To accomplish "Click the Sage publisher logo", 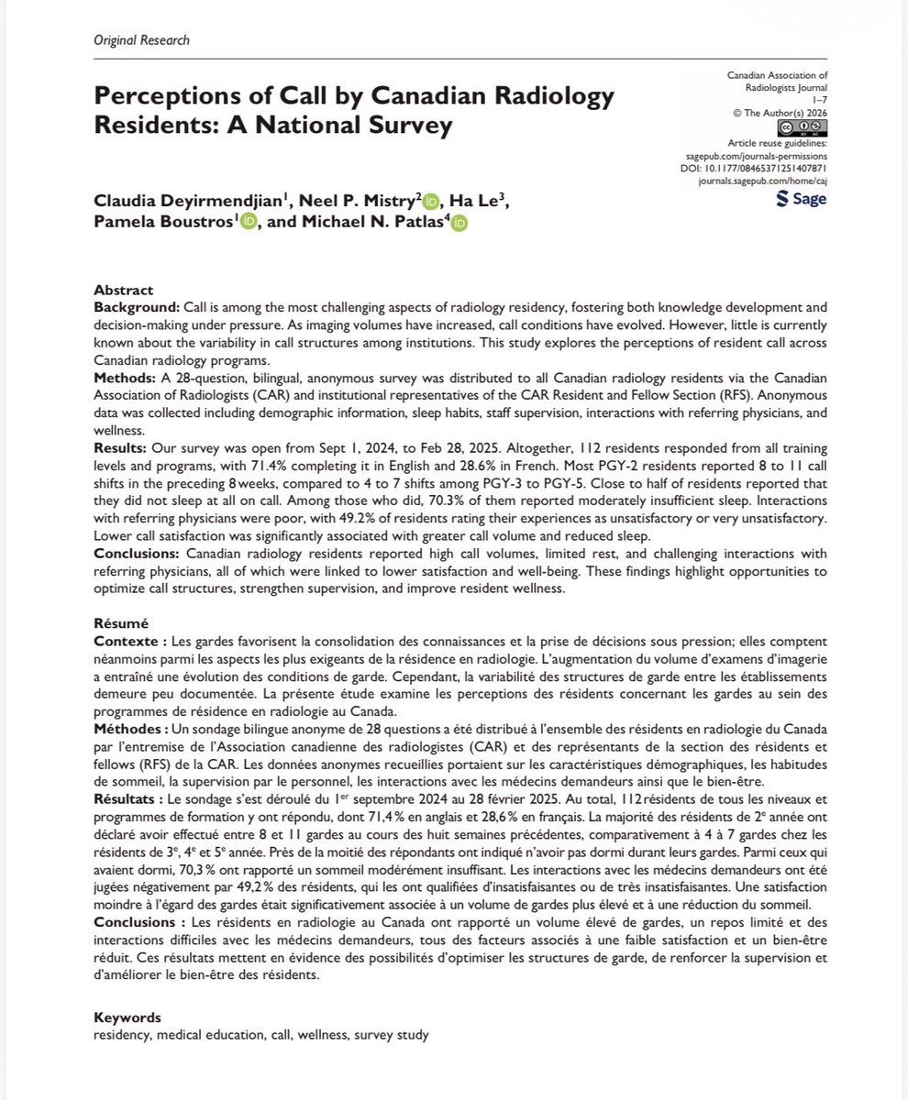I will tap(801, 199).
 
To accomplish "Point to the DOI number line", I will tap(772, 168).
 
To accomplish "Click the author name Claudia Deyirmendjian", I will tap(205, 200).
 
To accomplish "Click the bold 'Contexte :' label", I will tap(132, 635).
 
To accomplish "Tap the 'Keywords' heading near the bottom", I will tap(127, 1018).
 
